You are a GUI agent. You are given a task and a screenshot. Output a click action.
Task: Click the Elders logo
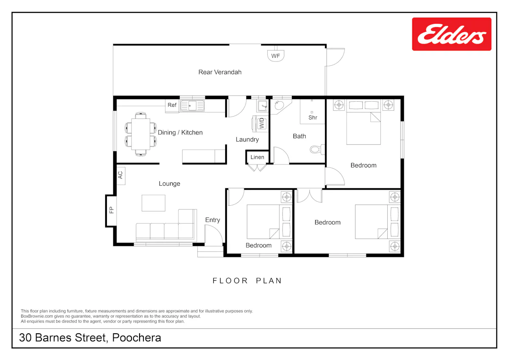(451, 34)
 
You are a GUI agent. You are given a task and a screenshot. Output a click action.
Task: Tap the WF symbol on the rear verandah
(276, 55)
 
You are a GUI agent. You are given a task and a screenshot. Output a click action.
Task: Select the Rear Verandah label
(220, 72)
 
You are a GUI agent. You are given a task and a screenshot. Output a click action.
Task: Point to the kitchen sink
(192, 106)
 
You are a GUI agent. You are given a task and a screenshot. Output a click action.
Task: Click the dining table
(141, 134)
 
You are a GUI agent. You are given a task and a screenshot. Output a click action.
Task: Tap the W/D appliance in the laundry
(260, 123)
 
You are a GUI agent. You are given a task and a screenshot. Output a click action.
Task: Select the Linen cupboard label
(257, 157)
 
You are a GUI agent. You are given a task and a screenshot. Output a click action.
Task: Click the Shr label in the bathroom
(313, 117)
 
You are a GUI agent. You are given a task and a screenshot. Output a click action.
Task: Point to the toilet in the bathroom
(317, 149)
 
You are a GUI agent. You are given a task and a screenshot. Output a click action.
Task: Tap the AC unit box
(120, 176)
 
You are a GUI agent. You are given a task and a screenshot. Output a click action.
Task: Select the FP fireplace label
(111, 210)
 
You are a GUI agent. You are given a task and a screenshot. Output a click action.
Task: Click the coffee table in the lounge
(154, 203)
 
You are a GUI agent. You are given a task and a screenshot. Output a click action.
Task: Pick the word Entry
(213, 220)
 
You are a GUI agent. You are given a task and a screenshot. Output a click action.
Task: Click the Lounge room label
(169, 184)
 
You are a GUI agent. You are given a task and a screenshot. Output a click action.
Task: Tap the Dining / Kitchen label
(180, 132)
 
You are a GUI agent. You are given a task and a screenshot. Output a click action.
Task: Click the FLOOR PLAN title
(247, 281)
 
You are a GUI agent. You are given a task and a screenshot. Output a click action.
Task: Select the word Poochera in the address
(137, 338)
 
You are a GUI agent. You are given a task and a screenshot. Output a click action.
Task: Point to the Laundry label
(247, 140)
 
